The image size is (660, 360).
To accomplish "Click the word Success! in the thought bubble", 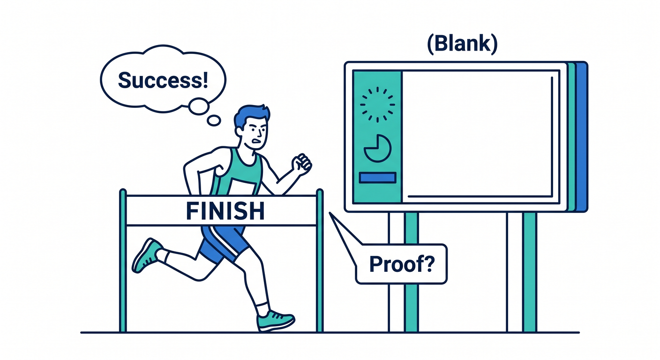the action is point(163,80).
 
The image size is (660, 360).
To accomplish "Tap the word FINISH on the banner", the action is point(225,211).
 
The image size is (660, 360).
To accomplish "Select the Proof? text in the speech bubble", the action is point(402,264).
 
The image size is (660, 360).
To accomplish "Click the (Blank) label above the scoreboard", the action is point(462,44).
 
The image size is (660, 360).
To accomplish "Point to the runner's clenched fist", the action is point(301,164).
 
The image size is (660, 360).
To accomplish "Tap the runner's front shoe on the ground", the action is point(276,321).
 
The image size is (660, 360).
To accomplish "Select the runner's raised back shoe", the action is point(147,255).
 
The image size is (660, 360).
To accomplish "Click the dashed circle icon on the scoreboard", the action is point(377,105).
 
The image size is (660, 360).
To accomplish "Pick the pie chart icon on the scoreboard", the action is point(377,148).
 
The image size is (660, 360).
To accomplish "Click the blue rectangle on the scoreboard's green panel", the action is point(377,178).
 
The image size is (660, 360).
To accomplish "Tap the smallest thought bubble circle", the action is point(214,120).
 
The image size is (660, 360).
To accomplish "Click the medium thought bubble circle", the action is point(199,106).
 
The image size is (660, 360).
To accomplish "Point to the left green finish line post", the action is point(123,261).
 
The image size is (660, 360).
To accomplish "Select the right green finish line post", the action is point(320,261).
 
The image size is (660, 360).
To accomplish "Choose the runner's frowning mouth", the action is point(257,141).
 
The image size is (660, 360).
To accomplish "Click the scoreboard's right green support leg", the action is point(530,272).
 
